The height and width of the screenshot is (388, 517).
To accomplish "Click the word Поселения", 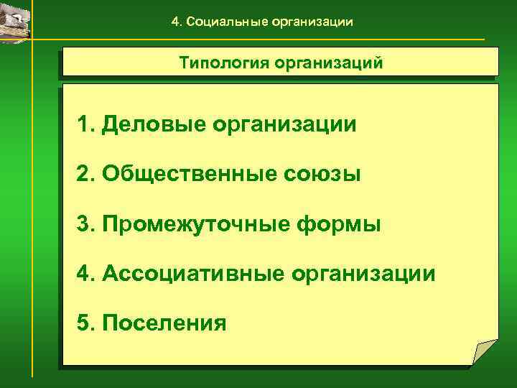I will point(164,323).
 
